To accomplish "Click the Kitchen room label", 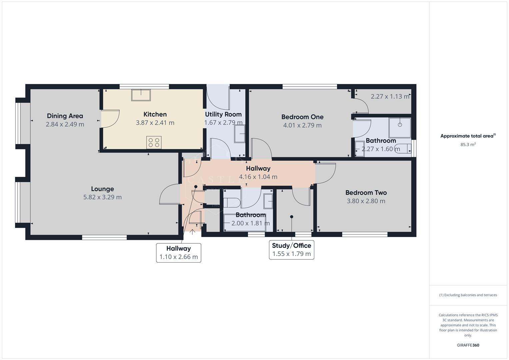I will click(155, 114).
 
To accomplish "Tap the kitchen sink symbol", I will click(141, 95).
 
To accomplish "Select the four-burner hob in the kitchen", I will click(154, 142).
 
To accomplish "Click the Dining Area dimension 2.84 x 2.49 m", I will click(65, 124).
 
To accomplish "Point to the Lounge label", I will click(102, 189).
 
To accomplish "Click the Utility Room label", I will click(223, 114).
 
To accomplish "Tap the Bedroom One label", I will click(302, 117).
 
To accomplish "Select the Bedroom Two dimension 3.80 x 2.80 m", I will click(366, 201).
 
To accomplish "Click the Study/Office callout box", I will click(292, 250).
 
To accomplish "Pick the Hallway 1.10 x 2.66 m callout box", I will click(179, 253).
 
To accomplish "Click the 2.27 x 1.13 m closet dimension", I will click(390, 97).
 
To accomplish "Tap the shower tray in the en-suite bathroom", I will click(400, 127).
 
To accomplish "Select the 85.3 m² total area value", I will click(468, 145).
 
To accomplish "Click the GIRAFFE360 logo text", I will click(468, 345).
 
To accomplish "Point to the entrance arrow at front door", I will click(192, 232).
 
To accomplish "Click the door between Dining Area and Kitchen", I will click(110, 119).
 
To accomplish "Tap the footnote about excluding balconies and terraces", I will click(468, 295).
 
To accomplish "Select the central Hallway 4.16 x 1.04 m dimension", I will click(258, 177).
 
